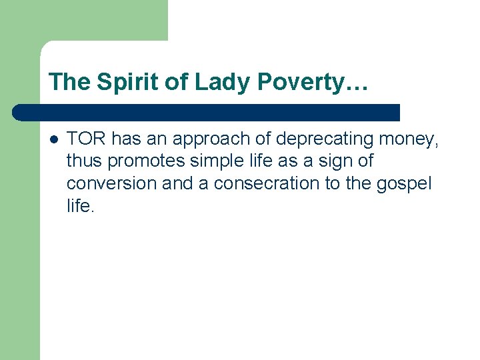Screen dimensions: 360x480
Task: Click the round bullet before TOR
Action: (x=53, y=139)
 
